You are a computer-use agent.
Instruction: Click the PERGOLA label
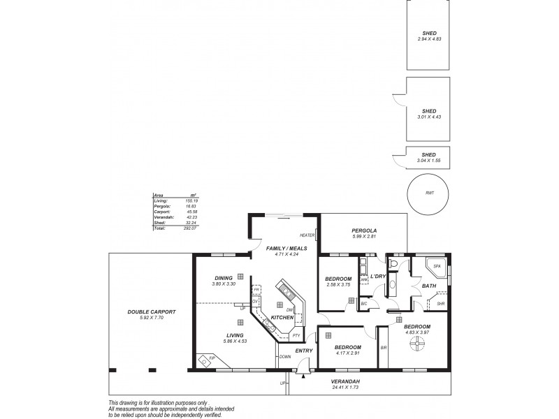tap(364, 230)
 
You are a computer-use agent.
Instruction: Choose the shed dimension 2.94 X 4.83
tap(429, 38)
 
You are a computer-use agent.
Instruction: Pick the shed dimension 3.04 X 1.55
tap(429, 161)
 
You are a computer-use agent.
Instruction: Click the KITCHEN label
tap(282, 318)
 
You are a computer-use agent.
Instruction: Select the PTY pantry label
tap(296, 336)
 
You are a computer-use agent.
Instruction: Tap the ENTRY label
tap(303, 351)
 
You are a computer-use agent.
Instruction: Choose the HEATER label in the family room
tap(307, 235)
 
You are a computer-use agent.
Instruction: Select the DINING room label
tap(224, 279)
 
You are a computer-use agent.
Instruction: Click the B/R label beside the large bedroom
tap(383, 347)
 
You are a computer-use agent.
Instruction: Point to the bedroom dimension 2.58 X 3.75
tap(337, 285)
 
